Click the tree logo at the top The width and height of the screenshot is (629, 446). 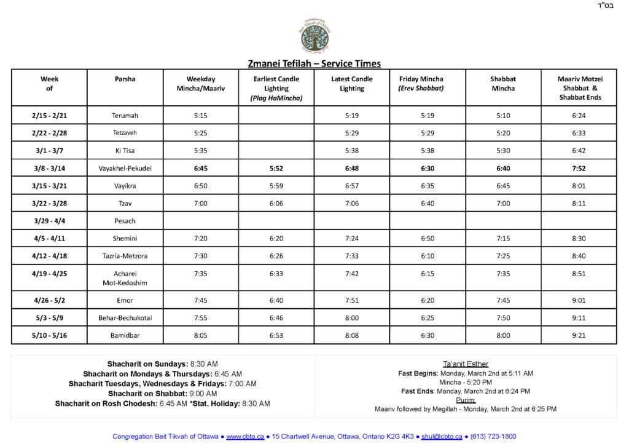coord(314,36)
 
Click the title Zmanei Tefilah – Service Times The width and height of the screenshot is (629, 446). coord(314,63)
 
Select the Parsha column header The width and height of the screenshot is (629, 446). coord(125,79)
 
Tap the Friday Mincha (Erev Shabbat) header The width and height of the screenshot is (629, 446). coord(421,84)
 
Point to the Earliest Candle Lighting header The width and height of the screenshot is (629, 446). coord(276,88)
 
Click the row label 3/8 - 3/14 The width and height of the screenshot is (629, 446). coord(50,168)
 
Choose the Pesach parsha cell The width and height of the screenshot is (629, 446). coord(125,221)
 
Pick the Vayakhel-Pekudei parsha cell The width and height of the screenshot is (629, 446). coord(125,168)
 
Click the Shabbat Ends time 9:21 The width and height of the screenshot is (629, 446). coord(579,335)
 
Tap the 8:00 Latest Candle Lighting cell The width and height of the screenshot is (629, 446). coord(351,318)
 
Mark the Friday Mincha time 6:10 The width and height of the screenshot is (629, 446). coord(428,255)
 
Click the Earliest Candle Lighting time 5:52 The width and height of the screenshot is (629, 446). coord(276,168)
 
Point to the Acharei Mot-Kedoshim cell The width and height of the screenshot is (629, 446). coord(125,277)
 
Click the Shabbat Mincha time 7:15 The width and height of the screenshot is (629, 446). coord(503,238)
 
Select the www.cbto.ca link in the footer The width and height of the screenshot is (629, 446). coord(245,436)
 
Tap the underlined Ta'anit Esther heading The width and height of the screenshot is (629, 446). coord(466,364)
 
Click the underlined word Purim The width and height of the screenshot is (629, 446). coord(466,400)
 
